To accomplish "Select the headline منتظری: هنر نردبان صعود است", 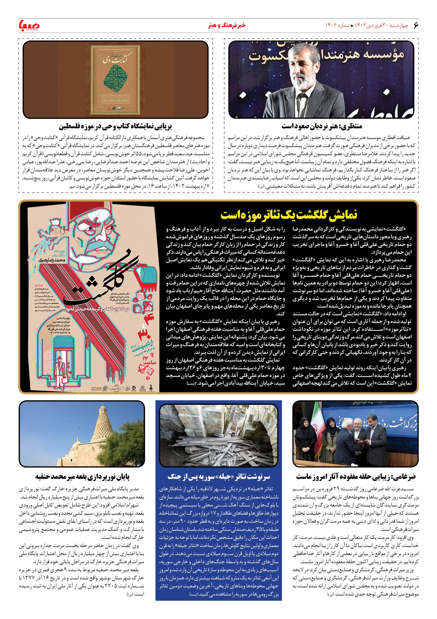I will point(322,126).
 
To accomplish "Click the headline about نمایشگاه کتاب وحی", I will point(115,126).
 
